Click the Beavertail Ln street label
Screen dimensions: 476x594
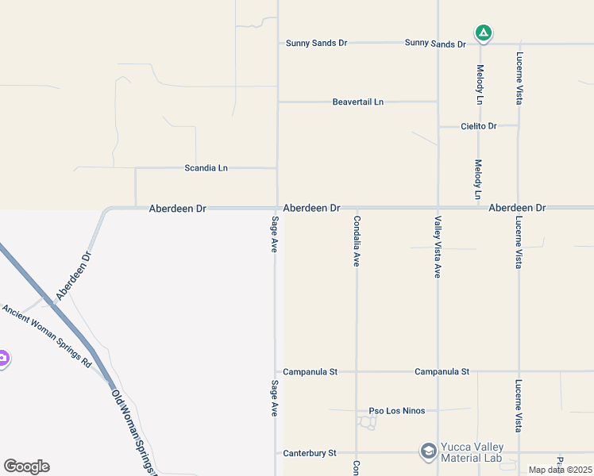[357, 102]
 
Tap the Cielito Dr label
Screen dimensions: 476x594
[479, 126]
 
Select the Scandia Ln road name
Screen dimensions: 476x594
[206, 168]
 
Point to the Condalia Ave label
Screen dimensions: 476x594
[357, 241]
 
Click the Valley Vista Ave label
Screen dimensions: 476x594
[437, 247]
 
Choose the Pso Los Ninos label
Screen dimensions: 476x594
[397, 411]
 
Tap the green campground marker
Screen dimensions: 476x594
[483, 33]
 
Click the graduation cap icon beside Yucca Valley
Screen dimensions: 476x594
[429, 452]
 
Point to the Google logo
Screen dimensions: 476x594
[26, 466]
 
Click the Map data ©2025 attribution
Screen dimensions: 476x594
[560, 470]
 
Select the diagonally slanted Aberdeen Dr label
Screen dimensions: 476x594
[75, 276]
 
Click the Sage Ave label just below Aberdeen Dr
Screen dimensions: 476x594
[275, 234]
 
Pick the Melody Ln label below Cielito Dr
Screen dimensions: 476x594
[478, 179]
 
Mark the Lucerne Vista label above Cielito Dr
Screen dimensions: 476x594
[519, 79]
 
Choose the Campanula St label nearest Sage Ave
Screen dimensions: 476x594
[310, 371]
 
